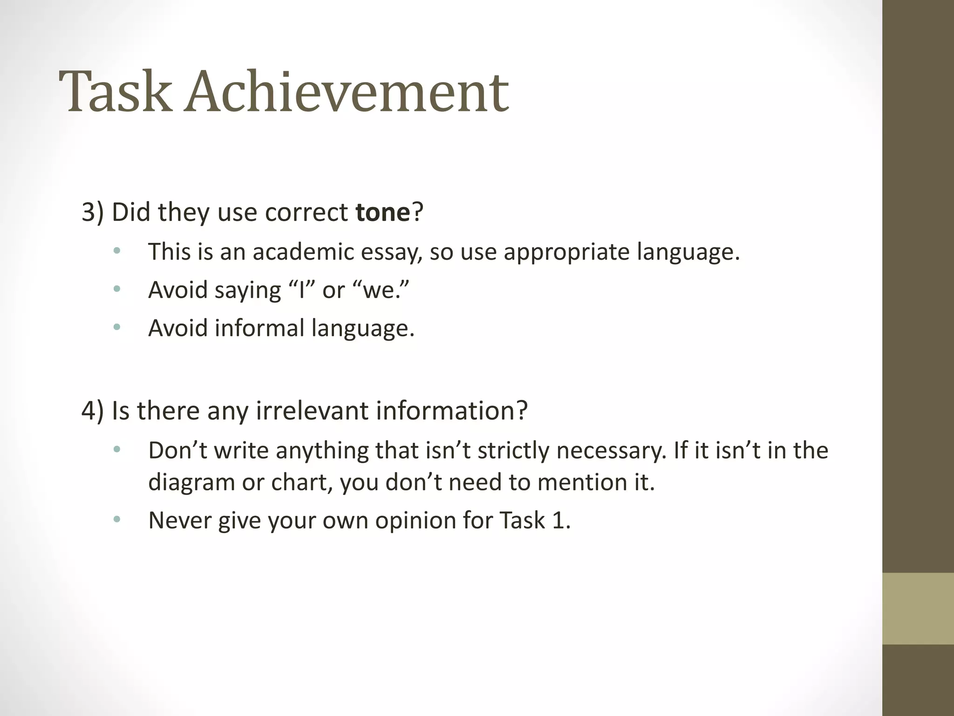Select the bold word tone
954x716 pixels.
point(382,212)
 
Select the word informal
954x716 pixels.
point(259,328)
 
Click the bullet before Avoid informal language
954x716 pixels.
point(116,327)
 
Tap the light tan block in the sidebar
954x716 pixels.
point(918,608)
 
